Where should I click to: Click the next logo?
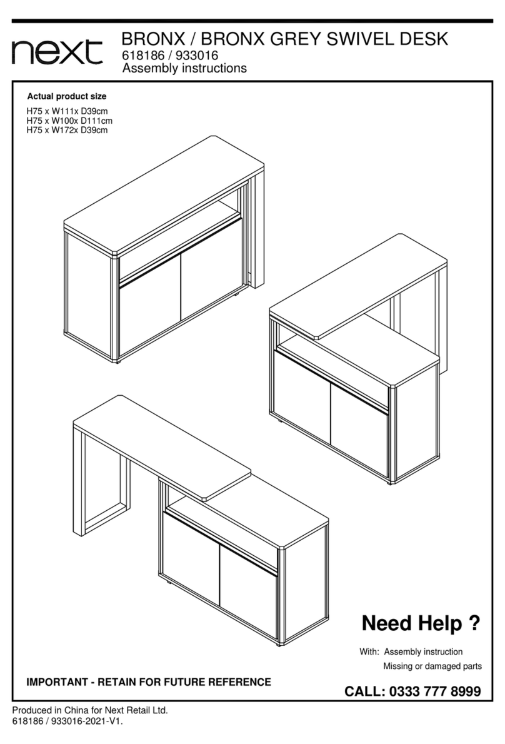57,51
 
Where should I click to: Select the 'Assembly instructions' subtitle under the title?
184,68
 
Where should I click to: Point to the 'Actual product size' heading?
67,96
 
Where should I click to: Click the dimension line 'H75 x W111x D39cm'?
67,112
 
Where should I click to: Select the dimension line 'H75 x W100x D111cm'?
69,121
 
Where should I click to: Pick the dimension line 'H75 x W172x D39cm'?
67,130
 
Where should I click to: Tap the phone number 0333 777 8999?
435,691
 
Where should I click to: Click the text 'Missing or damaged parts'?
432,666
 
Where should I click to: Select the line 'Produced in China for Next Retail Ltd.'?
90,710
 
